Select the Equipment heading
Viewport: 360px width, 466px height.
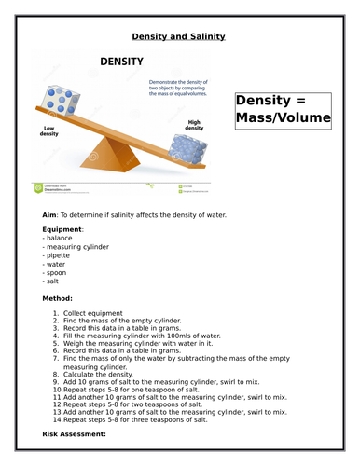click(x=62, y=229)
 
